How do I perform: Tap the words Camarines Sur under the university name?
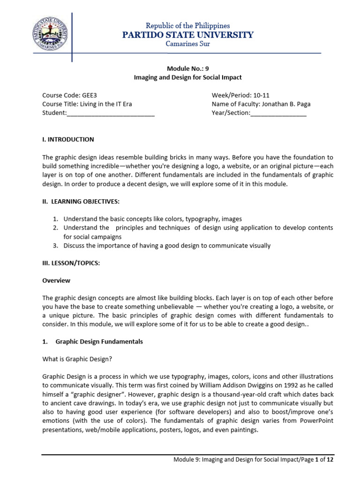click(187, 44)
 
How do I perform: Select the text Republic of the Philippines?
click(187, 25)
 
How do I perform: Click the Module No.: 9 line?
click(187, 68)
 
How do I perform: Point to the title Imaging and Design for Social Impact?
click(187, 77)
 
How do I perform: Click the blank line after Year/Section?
click(278, 113)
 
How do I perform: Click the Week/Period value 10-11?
click(263, 95)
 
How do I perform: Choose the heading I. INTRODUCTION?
click(68, 139)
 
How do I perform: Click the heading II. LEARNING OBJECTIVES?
click(81, 201)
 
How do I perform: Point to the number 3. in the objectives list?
click(55, 245)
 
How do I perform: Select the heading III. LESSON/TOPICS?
click(71, 263)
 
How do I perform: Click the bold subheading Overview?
click(56, 280)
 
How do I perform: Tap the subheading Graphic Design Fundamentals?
click(99, 342)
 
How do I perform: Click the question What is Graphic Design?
click(77, 359)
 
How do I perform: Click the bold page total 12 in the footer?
click(330, 460)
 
